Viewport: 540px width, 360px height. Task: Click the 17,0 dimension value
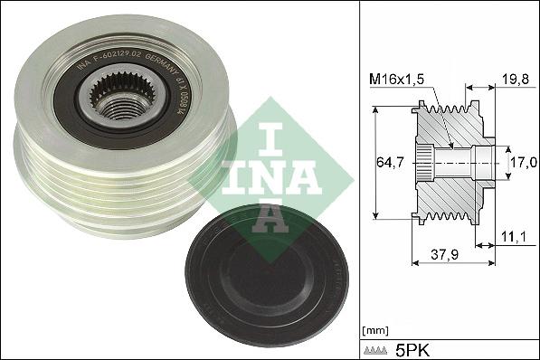tap(522, 164)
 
